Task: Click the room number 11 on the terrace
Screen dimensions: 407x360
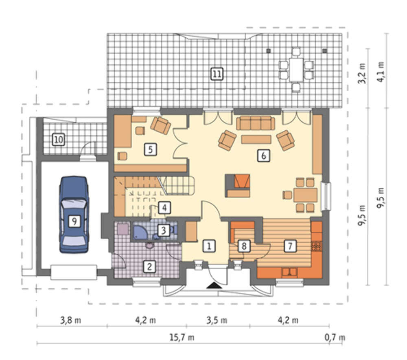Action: click(x=217, y=74)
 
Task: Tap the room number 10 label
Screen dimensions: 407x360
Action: click(x=58, y=140)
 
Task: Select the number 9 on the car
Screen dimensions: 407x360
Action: click(x=74, y=221)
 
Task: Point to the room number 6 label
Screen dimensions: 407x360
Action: click(x=264, y=156)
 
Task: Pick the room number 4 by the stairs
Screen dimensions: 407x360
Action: click(x=164, y=208)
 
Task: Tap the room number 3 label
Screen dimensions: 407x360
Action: click(x=164, y=230)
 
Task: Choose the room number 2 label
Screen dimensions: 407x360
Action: click(x=149, y=266)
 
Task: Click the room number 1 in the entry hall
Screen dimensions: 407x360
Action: click(x=209, y=246)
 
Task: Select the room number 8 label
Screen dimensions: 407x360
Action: click(x=244, y=246)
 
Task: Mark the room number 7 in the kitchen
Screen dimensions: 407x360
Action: click(x=290, y=246)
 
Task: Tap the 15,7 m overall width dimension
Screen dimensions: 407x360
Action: click(x=182, y=337)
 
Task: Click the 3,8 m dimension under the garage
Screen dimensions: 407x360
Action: click(x=70, y=320)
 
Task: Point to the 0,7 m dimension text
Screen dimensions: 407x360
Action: click(x=335, y=337)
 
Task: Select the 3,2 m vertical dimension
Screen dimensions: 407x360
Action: click(x=362, y=73)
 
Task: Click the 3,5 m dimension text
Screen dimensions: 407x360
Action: click(x=217, y=320)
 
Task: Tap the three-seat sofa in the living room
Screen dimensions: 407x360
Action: click(x=256, y=123)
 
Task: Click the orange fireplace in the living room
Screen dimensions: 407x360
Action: click(x=238, y=186)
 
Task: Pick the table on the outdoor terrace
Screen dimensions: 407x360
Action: click(x=296, y=70)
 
